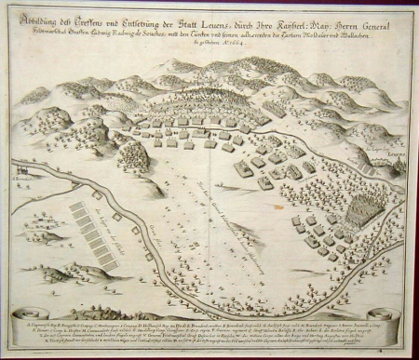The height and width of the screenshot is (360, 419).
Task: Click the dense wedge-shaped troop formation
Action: click(359, 210)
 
